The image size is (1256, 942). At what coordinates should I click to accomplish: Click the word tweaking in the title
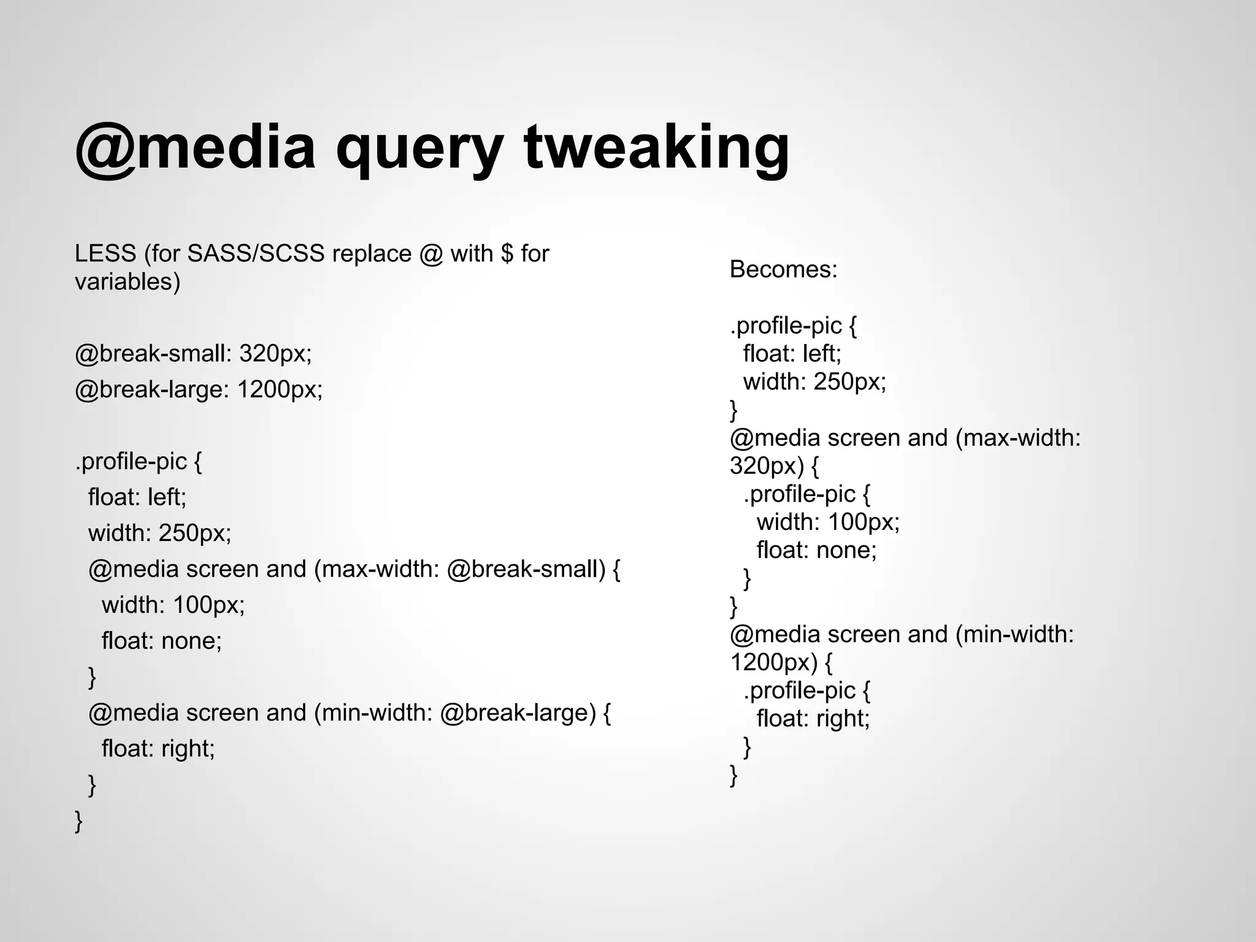[656, 147]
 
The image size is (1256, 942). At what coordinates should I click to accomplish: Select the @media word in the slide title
[195, 147]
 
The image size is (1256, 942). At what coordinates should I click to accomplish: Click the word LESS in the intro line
[105, 253]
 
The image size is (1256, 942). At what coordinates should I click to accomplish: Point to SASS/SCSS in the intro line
[256, 253]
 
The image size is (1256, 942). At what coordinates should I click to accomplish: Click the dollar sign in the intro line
[507, 253]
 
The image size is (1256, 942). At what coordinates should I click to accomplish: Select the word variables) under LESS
[128, 281]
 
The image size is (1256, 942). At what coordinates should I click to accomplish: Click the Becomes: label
[783, 269]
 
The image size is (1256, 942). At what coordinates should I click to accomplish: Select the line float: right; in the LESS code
[158, 748]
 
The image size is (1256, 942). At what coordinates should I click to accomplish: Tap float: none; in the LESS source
[161, 641]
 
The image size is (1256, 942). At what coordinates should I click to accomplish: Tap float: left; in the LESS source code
[137, 497]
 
